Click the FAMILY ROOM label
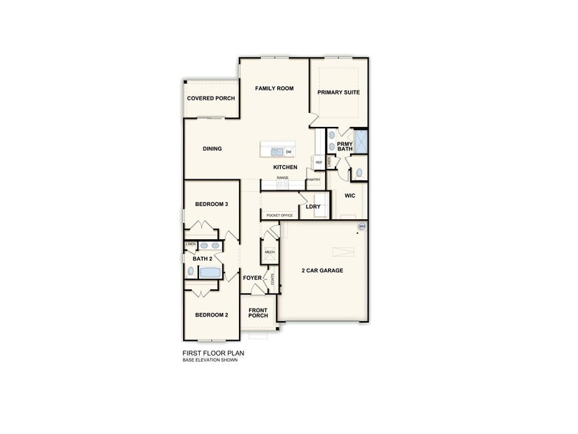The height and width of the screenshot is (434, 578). [274, 89]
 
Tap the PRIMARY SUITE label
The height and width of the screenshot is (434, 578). [338, 93]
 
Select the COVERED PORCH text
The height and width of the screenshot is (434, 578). [211, 98]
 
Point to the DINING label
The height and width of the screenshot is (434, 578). [212, 149]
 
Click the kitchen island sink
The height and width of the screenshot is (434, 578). [276, 151]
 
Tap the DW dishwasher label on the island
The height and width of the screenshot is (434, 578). [288, 152]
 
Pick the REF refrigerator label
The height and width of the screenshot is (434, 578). [318, 162]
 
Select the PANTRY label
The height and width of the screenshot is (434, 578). [313, 179]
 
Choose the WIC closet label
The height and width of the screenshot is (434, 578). [350, 196]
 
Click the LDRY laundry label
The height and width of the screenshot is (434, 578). [313, 207]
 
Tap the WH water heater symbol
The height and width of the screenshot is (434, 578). [361, 226]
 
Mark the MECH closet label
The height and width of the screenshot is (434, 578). [269, 252]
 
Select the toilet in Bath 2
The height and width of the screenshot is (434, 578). [191, 272]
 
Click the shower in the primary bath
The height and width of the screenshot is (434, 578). [361, 140]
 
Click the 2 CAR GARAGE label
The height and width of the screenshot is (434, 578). [322, 271]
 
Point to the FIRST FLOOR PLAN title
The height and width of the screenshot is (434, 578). [213, 353]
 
